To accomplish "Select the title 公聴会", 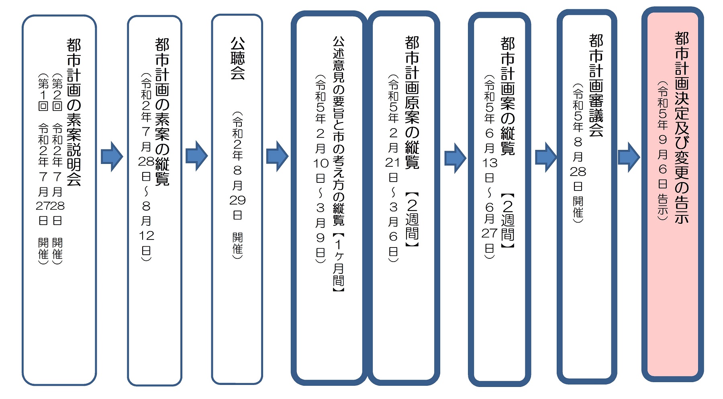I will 237,58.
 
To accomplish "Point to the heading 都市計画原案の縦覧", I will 412,102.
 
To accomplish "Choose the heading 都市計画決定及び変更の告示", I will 682,127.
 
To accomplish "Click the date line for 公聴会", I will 237,185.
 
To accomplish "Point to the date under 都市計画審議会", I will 578,153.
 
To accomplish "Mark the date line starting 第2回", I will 57,169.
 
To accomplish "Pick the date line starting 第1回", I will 43,169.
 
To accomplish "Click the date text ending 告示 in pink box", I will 663,151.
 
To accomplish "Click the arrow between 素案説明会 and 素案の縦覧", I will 112,157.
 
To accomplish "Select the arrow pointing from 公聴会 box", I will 277,156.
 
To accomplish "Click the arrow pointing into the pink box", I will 629,157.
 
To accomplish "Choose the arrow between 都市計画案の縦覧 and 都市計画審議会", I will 546,157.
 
